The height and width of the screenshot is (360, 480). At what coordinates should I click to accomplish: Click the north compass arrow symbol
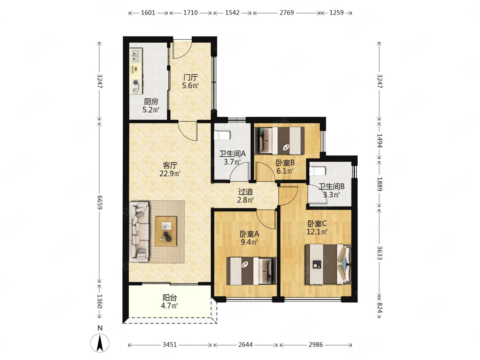100,344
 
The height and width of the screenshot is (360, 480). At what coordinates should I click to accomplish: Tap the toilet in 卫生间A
222,135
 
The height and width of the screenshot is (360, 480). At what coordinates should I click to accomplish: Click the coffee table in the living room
166,231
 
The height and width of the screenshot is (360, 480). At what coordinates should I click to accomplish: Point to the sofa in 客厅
139,232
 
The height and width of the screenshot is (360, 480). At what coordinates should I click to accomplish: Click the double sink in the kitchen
136,55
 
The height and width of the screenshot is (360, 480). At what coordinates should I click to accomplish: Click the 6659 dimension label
100,202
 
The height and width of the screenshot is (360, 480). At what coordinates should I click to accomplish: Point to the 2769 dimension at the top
286,13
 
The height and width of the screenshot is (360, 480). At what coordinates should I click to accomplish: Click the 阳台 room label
170,298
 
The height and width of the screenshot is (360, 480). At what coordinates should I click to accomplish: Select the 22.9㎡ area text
170,173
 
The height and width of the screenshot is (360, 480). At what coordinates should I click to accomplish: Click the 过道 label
245,192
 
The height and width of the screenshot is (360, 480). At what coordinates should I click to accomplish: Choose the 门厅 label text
190,77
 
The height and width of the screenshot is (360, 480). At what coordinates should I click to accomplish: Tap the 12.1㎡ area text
317,232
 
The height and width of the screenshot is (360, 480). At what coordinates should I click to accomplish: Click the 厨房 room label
151,102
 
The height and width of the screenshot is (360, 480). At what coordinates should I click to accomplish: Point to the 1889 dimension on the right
380,184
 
